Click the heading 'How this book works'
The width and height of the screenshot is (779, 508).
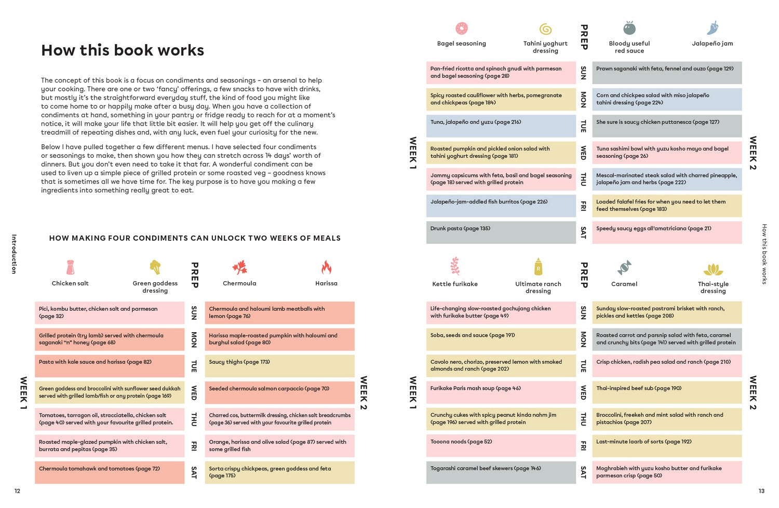(123, 50)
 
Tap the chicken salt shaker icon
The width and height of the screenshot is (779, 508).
(71, 267)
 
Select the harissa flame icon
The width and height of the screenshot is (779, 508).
(326, 267)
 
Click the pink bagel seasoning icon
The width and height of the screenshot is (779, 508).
(461, 28)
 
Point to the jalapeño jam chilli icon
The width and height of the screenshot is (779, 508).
(713, 28)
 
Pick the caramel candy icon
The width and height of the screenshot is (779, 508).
(624, 268)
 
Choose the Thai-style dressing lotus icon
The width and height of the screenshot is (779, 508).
(713, 269)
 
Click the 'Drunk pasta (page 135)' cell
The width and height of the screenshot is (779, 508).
(501, 232)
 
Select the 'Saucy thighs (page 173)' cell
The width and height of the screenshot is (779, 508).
(279, 366)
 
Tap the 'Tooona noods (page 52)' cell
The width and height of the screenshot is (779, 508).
(501, 446)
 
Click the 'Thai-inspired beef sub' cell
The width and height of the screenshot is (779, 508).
(667, 392)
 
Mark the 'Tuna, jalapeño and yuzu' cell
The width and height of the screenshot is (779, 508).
(501, 126)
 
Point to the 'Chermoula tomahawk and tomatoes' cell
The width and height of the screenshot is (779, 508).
(110, 472)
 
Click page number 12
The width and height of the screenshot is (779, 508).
(17, 491)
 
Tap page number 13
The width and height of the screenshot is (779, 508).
(761, 491)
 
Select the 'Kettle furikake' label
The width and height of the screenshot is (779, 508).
(455, 284)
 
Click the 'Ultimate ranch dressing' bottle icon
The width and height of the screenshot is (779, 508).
(538, 267)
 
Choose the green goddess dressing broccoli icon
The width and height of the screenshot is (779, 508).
(155, 267)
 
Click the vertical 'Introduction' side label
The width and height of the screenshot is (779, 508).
(14, 254)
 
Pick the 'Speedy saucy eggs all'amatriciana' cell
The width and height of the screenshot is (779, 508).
(667, 232)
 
